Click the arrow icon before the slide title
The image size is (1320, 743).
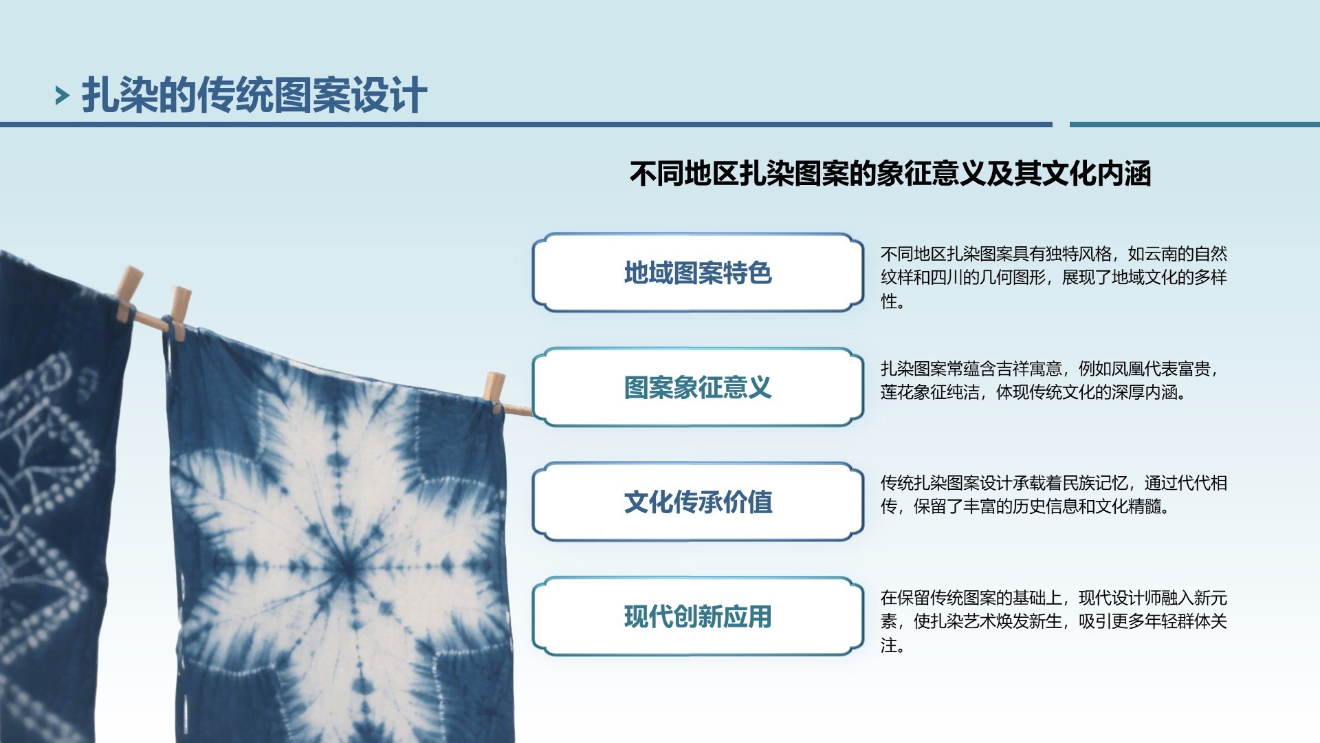(x=63, y=96)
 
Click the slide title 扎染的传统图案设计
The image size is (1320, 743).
(x=254, y=95)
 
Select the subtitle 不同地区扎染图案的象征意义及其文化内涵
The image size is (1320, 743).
(x=890, y=173)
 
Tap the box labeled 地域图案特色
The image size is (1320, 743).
(x=698, y=272)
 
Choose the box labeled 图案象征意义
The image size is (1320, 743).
(x=698, y=387)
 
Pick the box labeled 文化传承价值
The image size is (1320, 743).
(x=698, y=502)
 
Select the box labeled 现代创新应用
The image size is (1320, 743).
(x=698, y=616)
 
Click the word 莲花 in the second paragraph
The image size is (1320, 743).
(x=897, y=392)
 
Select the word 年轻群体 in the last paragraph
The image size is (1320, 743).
(x=1160, y=621)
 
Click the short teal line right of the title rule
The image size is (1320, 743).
(x=1195, y=125)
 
